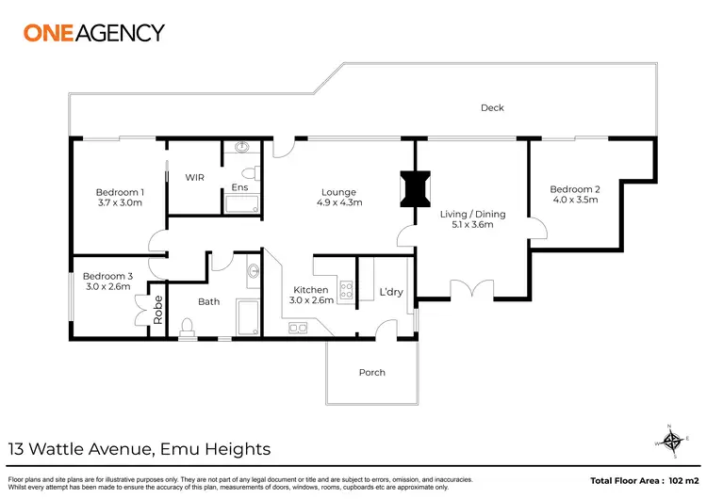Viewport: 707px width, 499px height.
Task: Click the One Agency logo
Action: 93,32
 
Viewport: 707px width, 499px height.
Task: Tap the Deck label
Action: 492,108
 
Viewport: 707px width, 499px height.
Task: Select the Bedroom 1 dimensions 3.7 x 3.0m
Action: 120,202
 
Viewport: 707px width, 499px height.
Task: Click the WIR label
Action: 194,177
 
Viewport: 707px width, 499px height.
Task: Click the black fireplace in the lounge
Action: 414,186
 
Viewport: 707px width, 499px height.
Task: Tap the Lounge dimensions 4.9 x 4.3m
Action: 338,202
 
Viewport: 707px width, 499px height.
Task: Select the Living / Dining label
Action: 472,214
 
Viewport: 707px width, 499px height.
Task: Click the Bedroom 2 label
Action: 575,188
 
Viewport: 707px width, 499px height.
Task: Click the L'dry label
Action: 390,292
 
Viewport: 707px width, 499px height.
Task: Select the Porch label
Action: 372,373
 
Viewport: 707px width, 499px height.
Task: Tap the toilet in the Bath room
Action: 187,326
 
